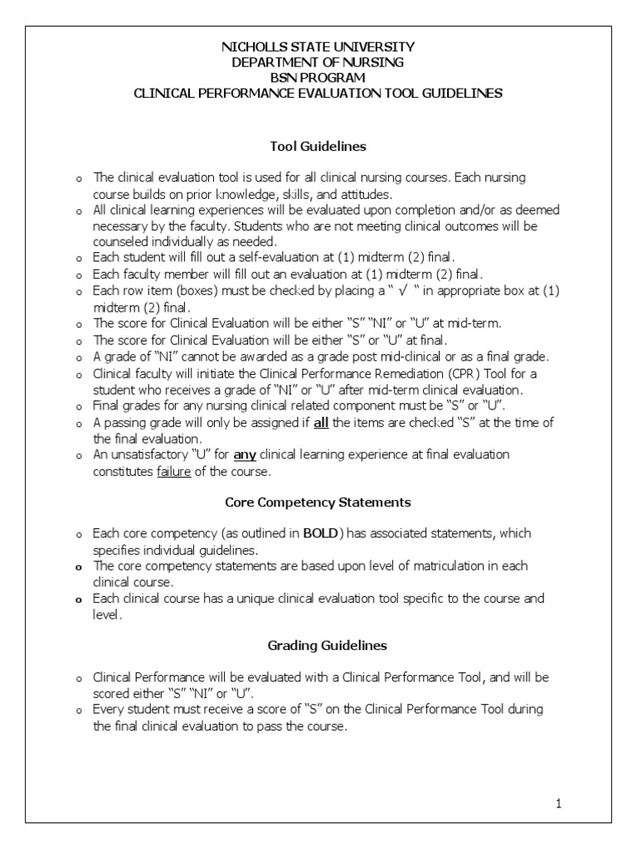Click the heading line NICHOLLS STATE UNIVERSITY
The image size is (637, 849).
click(318, 47)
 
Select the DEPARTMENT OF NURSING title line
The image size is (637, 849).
click(318, 62)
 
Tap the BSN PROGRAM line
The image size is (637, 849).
click(318, 78)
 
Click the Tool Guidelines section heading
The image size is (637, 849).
click(318, 147)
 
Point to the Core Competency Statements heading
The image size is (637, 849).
click(318, 502)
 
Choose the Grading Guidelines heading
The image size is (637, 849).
click(318, 644)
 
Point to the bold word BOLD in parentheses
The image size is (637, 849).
click(319, 534)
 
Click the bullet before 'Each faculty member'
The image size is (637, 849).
click(78, 275)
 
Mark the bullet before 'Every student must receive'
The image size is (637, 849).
click(78, 711)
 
